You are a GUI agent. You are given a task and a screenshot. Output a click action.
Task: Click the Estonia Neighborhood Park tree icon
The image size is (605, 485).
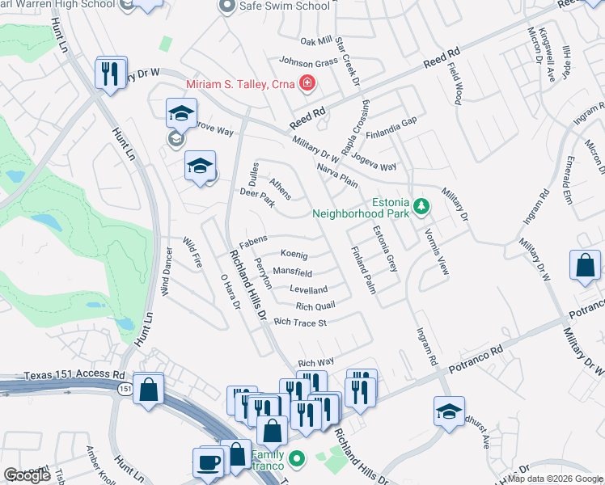click(421, 208)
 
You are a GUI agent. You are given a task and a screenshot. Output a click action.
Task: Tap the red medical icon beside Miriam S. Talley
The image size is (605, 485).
click(307, 83)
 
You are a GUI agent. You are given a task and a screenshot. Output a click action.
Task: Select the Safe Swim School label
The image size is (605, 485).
click(286, 6)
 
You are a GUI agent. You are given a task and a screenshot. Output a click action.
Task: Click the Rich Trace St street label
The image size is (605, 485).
click(299, 323)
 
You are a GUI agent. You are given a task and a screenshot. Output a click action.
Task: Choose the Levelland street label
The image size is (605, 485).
click(308, 289)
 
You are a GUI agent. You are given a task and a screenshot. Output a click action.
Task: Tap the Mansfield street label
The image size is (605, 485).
click(292, 272)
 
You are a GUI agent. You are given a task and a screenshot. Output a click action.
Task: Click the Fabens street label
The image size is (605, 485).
click(253, 240)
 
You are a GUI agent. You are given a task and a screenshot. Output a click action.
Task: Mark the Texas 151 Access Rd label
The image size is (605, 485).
click(74, 375)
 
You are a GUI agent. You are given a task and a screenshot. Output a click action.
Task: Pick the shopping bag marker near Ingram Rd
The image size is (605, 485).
click(586, 265)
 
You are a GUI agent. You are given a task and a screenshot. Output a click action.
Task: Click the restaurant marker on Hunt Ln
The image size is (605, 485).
click(110, 74)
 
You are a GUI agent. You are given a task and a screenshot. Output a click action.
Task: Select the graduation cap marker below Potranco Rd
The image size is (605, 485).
click(449, 411)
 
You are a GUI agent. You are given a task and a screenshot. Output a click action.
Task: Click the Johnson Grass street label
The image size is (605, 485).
click(307, 61)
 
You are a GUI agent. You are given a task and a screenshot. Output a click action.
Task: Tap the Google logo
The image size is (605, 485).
click(27, 475)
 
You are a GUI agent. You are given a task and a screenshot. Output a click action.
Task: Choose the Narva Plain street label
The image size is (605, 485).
click(337, 176)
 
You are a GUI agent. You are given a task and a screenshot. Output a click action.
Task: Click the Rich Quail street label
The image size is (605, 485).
click(315, 306)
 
